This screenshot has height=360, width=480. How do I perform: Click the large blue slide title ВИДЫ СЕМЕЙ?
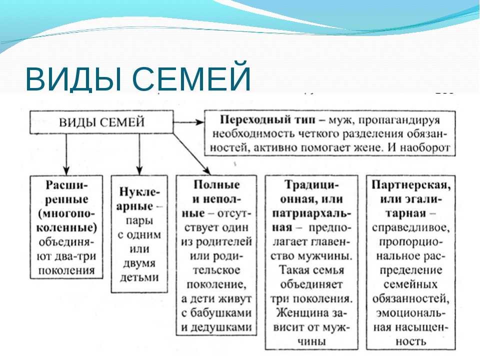pos(138,76)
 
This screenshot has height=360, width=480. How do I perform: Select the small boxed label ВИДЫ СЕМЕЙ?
pos(101,122)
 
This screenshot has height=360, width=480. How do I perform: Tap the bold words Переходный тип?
pos(267,119)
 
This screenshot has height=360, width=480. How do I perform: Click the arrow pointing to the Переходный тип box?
pos(188,122)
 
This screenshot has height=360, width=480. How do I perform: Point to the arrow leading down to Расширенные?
pos(66,154)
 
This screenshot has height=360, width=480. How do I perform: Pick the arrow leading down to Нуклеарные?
pos(139,154)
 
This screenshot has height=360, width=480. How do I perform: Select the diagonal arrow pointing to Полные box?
pos(192,154)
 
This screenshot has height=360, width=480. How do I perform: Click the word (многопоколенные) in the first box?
pos(66,220)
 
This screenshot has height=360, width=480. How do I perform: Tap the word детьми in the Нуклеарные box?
pos(139,277)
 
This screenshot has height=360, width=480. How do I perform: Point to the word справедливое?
pos(411,228)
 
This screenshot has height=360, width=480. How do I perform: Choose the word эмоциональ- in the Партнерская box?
pos(411,313)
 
